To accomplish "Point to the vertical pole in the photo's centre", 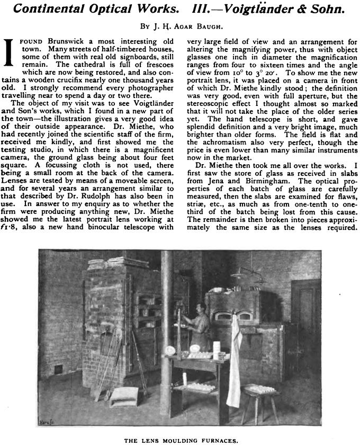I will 166,339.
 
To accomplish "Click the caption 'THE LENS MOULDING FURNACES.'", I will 179,439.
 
